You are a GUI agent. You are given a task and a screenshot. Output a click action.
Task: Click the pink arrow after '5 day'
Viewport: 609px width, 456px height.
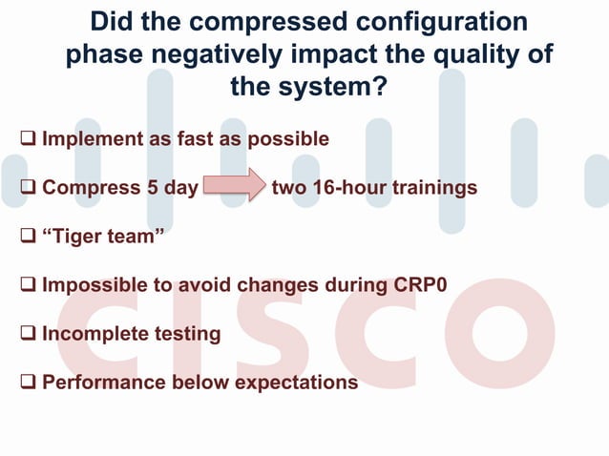pos(235,185)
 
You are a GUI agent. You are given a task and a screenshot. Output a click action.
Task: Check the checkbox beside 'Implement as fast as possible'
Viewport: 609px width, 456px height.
pos(30,139)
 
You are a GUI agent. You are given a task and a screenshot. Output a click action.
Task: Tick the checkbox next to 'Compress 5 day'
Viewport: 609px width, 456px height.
pos(30,188)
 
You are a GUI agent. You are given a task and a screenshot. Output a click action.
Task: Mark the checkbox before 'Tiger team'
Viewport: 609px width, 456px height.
pos(30,237)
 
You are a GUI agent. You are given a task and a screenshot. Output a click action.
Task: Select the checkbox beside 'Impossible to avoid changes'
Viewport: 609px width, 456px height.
pos(30,285)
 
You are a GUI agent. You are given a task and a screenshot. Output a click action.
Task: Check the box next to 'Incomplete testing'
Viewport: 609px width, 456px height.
pos(30,334)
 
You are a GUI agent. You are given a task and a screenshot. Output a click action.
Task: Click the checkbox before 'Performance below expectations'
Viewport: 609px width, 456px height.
pos(30,383)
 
